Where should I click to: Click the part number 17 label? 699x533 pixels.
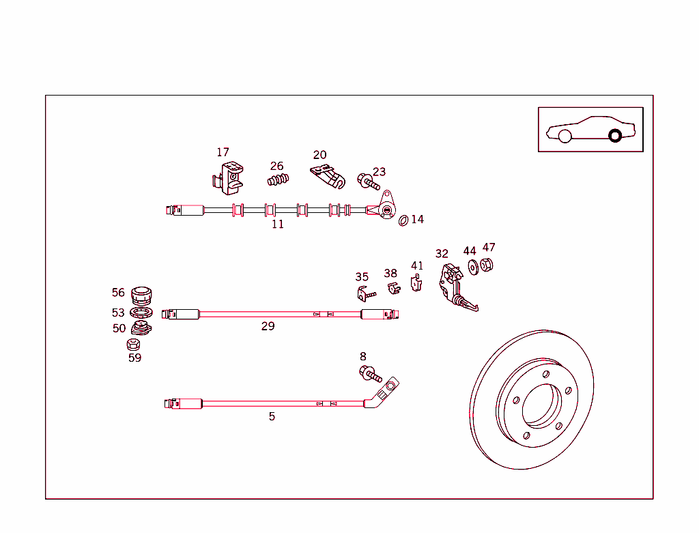tap(223, 152)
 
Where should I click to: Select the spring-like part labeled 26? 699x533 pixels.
tap(278, 180)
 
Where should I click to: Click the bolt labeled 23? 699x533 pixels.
tap(367, 182)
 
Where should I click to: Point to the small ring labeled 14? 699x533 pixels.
tap(403, 220)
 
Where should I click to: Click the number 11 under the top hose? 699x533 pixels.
tap(277, 224)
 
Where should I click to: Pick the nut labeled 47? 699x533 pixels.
tap(487, 264)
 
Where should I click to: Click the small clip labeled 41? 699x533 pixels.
tap(416, 282)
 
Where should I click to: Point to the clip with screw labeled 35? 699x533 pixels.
tap(365, 293)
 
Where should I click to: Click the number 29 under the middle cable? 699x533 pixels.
tap(268, 326)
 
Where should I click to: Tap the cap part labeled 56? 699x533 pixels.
tap(141, 296)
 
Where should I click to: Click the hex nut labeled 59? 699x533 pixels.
tap(134, 345)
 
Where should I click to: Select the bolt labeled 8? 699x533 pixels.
tap(369, 373)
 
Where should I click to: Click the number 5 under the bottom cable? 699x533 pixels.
tap(272, 416)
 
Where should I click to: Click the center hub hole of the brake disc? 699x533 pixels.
tap(541, 405)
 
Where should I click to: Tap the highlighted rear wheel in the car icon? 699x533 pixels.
tap(614, 135)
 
